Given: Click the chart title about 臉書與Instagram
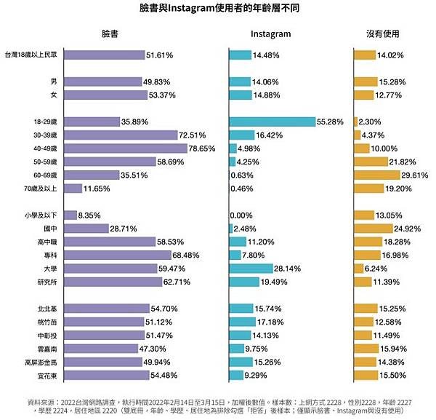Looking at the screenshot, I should [219, 9].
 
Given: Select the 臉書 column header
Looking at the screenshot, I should [111, 33].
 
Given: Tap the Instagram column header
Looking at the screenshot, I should [270, 33].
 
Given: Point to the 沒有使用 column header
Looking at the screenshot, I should [383, 33].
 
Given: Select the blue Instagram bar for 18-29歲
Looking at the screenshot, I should [272, 121].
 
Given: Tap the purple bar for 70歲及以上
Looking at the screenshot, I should [73, 189].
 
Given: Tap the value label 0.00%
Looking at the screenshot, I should [241, 215].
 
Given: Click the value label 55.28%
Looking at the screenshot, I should [330, 121].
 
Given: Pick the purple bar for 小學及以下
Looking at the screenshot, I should [70, 215].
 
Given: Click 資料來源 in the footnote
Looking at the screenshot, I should [44, 400].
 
